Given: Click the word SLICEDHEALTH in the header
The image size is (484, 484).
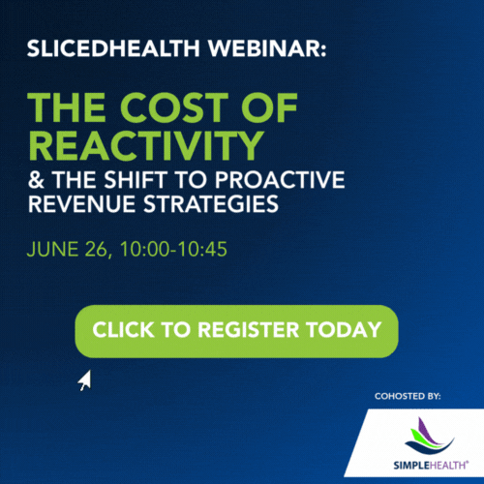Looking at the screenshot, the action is (113, 48).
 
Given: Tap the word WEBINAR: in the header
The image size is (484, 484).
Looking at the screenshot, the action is (267, 48).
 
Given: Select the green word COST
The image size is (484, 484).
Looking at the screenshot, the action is (174, 107).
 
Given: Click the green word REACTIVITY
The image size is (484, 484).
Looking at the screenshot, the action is (146, 145).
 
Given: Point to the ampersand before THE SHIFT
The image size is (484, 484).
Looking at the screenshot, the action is (36, 180).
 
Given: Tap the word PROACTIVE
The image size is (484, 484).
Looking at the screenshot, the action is (280, 180).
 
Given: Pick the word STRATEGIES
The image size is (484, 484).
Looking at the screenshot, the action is (211, 203).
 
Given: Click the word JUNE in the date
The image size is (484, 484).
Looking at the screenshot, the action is (53, 249).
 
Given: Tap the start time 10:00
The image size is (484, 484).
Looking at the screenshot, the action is (144, 249).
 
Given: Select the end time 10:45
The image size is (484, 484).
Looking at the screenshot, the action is (202, 249).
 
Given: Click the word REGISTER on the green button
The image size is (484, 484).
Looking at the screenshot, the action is (249, 329).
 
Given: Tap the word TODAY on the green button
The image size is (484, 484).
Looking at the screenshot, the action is (344, 329).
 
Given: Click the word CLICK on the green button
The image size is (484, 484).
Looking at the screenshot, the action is (123, 329).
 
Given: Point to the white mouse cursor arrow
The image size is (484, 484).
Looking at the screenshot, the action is (85, 379).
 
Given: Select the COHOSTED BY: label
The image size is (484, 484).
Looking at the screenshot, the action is (408, 396).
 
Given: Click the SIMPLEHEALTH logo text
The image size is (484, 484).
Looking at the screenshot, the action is (431, 465).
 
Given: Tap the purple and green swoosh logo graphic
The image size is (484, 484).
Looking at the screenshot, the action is (429, 436).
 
